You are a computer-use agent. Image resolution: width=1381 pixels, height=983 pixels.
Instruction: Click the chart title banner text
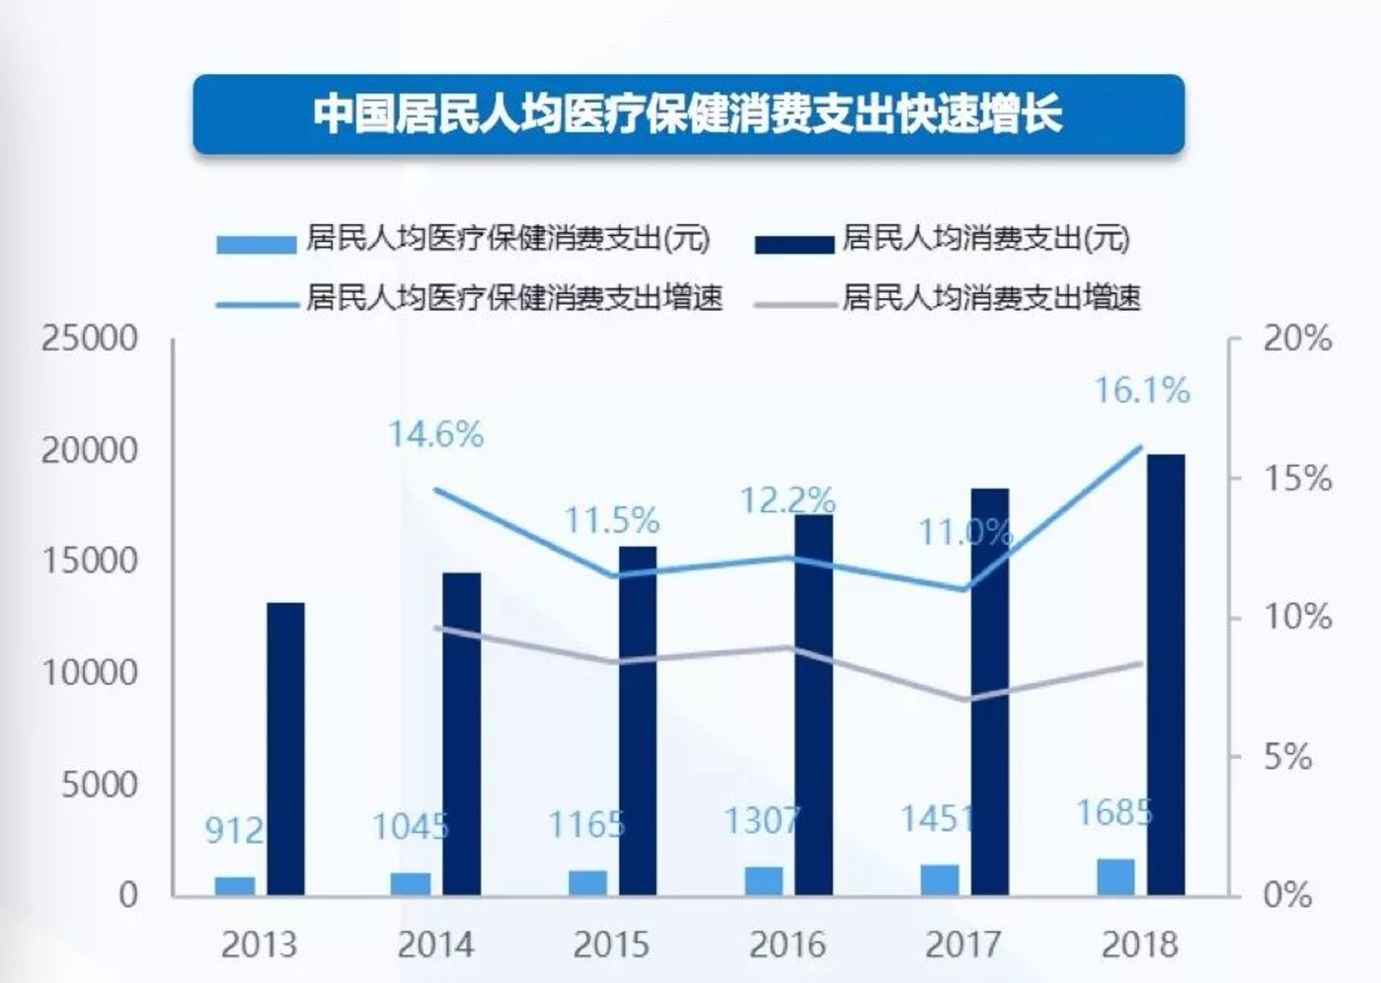688,114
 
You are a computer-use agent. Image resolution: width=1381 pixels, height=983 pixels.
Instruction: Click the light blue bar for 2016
763,880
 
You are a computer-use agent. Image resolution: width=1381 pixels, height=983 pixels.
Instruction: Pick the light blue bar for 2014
411,883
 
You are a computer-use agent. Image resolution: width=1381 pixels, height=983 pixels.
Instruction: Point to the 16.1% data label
1142,391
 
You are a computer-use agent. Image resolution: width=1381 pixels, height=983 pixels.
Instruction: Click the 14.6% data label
435,434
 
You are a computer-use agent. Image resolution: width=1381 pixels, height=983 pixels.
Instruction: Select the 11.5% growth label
611,520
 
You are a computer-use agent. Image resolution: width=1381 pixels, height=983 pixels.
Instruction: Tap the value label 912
234,830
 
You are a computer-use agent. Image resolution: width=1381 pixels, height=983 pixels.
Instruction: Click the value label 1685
1114,813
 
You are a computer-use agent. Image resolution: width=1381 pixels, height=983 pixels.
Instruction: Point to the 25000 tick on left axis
90,339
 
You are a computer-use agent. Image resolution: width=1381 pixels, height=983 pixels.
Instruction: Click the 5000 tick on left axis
100,785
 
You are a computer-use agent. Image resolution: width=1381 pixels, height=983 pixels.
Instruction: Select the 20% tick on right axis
1297,339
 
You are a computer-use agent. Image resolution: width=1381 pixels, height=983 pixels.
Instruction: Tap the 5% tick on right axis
1287,758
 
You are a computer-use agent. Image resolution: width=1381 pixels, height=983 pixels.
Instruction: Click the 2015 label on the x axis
611,945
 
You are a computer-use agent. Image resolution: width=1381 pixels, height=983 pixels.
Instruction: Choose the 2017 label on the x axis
963,945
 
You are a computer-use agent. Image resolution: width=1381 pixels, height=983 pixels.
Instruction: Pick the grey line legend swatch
794,303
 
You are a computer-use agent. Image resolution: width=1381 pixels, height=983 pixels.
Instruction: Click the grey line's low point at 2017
964,700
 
